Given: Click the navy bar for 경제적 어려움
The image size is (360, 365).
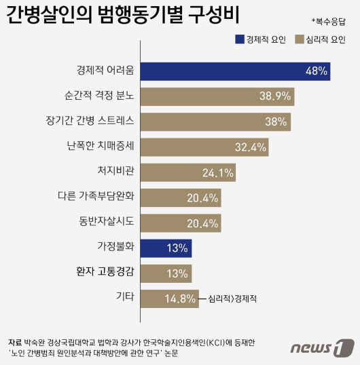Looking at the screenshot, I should point(235,71).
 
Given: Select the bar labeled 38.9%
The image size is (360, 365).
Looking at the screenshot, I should point(217,96).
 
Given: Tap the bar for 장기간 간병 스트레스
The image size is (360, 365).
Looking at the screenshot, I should point(216,122).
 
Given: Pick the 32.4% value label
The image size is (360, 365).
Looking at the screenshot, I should point(249,147).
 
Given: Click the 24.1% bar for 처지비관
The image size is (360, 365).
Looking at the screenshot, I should point(189,172).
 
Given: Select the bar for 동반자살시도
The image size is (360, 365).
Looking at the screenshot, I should point(181,223).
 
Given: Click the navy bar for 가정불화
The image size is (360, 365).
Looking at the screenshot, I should point(166,248).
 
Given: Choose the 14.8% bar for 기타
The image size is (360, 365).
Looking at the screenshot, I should point(170,298).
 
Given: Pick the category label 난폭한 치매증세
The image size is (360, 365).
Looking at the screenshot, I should point(103,147).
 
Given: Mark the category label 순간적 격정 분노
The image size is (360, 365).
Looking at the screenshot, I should point(101,96).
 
